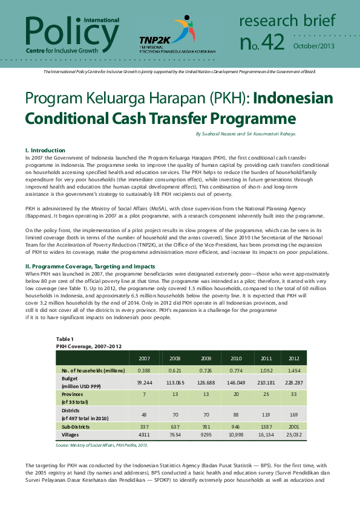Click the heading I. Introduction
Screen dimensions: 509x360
[x=45, y=150]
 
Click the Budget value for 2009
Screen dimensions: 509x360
[x=206, y=382]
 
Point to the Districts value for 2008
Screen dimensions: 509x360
[x=175, y=415]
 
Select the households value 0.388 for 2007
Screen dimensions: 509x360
[x=144, y=369]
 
